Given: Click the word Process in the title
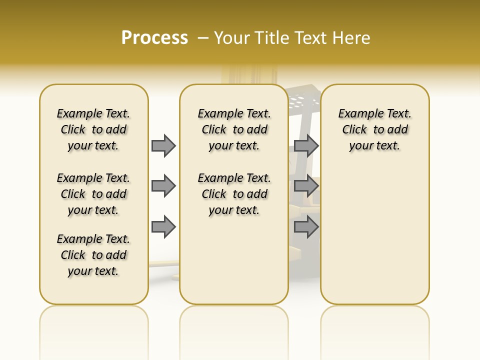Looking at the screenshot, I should tap(154, 37).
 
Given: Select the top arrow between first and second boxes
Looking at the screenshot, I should tap(163, 145).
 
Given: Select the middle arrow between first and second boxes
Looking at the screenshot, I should tap(163, 186).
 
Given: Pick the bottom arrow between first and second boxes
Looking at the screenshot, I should tap(163, 227).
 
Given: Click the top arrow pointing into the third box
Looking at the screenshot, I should tap(306, 145).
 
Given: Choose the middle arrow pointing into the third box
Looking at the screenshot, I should tap(306, 186).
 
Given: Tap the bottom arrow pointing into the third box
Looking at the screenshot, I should tap(306, 227).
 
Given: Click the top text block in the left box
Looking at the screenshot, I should tap(93, 129).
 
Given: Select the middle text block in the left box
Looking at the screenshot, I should tap(93, 194).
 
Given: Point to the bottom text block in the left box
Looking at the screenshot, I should tap(93, 255).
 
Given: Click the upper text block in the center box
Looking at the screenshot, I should tap(234, 129).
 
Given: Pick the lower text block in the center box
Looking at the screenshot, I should tap(234, 194).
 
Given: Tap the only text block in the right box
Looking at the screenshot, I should tap(374, 129).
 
